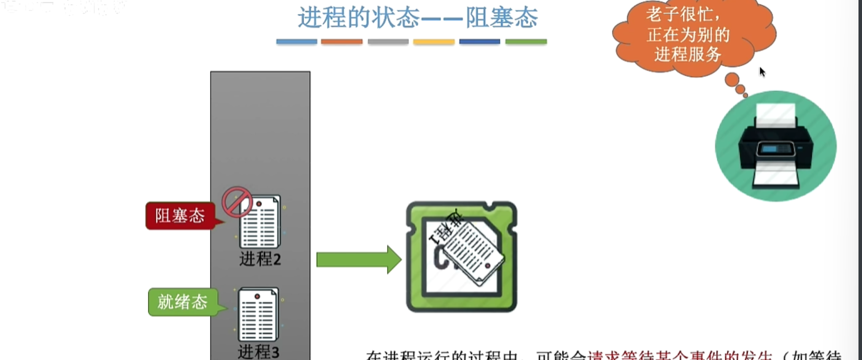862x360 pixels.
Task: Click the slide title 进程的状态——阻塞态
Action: (417, 18)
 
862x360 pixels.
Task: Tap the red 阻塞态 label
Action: (179, 216)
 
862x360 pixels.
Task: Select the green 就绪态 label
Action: (182, 302)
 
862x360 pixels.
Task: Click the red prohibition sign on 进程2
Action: (237, 202)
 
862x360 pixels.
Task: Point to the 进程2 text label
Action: (260, 259)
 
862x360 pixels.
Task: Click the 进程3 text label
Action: (258, 351)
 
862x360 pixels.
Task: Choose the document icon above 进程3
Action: (258, 314)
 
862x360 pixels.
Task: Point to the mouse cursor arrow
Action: (762, 72)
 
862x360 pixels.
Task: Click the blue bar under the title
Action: (297, 42)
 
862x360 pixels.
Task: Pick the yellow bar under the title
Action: (434, 42)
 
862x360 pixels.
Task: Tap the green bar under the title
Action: (526, 42)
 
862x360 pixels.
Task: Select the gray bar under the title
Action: (388, 42)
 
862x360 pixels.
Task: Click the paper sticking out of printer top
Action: (775, 115)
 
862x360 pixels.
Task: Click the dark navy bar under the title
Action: (480, 42)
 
